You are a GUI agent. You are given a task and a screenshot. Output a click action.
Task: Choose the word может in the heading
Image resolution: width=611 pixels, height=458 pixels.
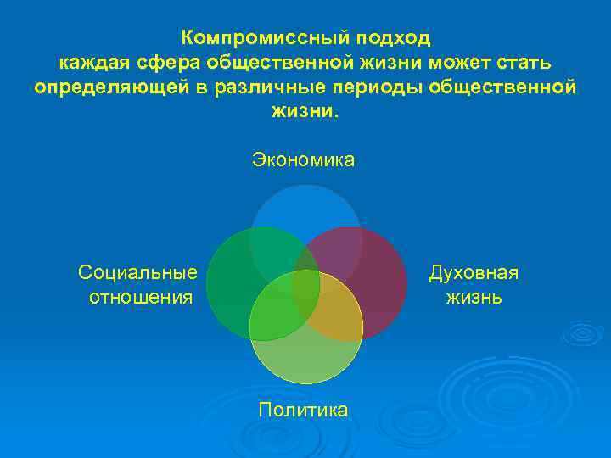point(467,63)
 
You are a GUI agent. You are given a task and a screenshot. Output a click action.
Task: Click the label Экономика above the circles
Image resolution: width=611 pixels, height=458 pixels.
point(303,159)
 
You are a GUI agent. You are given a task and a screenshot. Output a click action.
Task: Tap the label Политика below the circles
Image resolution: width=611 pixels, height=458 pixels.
point(303,410)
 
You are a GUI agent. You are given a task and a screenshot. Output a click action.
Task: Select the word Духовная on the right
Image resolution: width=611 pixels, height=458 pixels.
point(474,272)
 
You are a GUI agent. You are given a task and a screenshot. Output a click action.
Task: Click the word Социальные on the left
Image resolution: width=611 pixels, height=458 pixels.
point(138,272)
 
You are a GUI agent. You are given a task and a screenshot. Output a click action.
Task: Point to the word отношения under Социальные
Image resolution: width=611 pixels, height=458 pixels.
point(141,298)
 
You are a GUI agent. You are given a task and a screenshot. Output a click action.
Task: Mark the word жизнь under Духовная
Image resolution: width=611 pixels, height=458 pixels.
point(474,298)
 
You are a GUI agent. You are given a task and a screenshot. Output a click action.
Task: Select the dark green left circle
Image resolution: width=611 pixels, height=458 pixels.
point(233,284)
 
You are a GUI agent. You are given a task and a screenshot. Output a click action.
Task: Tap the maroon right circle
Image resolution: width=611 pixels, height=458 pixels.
point(378,271)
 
